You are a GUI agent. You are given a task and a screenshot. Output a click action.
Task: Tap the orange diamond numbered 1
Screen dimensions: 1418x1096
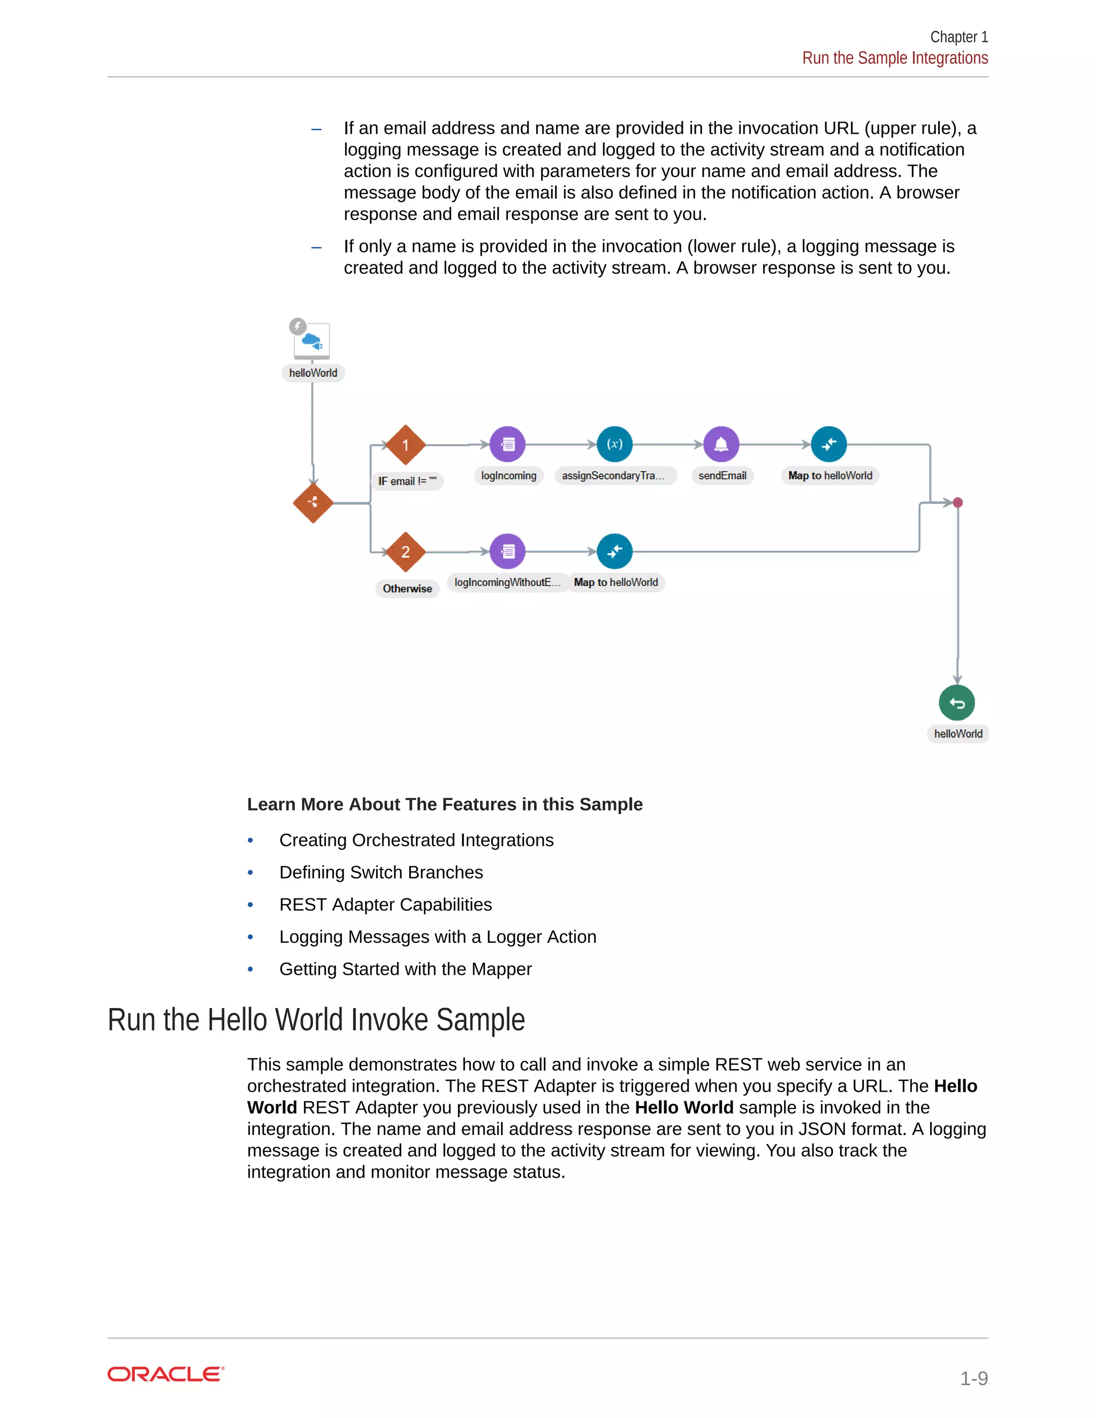pyautogui.click(x=405, y=445)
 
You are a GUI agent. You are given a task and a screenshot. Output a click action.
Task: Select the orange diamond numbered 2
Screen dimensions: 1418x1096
pyautogui.click(x=405, y=552)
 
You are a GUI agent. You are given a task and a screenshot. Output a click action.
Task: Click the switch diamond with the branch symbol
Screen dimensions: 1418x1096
pyautogui.click(x=313, y=502)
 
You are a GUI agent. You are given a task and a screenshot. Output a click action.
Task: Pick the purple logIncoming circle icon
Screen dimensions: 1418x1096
pyautogui.click(x=508, y=444)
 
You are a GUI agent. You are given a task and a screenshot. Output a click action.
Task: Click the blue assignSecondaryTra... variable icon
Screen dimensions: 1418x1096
pyautogui.click(x=614, y=444)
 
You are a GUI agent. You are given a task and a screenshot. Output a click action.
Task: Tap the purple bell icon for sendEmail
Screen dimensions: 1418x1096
pyautogui.click(x=721, y=444)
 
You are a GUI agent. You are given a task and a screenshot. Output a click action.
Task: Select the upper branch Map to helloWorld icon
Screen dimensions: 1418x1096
pyautogui.click(x=828, y=444)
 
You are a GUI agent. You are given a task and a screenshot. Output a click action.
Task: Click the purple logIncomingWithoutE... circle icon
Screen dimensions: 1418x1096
pyautogui.click(x=508, y=551)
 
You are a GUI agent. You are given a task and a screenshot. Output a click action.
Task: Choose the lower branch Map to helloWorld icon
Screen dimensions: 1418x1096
pyautogui.click(x=614, y=551)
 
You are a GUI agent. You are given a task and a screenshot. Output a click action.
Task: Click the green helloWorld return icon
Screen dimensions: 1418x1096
pyautogui.click(x=957, y=703)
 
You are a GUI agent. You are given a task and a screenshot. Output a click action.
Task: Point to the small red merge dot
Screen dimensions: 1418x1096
pyautogui.click(x=958, y=502)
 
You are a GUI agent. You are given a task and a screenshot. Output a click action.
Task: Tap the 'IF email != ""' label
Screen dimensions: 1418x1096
pyautogui.click(x=407, y=481)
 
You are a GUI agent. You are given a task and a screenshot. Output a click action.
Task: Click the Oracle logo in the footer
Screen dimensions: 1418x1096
pyautogui.click(x=165, y=1375)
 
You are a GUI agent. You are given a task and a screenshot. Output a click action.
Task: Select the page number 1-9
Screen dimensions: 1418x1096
pyautogui.click(x=973, y=1378)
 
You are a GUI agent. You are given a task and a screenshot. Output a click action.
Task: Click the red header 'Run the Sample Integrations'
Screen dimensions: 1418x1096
pyautogui.click(x=895, y=58)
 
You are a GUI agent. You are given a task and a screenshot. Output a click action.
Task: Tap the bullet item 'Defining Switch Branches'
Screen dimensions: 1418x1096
pyautogui.click(x=381, y=873)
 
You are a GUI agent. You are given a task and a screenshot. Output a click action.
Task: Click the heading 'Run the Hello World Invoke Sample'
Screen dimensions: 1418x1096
pyautogui.click(x=316, y=1020)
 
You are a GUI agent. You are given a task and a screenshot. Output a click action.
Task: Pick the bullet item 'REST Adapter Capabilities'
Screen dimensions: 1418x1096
pyautogui.click(x=386, y=904)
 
